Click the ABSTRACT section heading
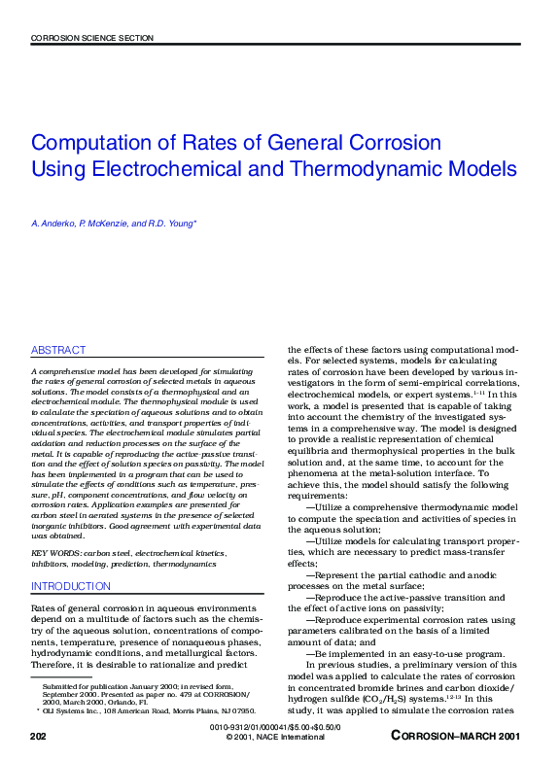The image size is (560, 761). click(x=58, y=350)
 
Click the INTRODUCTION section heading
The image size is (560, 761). click(x=71, y=587)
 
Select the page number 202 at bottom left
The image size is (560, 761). click(x=39, y=738)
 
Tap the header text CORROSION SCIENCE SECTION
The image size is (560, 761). click(x=92, y=38)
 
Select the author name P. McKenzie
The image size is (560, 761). click(x=102, y=225)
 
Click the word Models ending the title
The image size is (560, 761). click(x=484, y=168)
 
